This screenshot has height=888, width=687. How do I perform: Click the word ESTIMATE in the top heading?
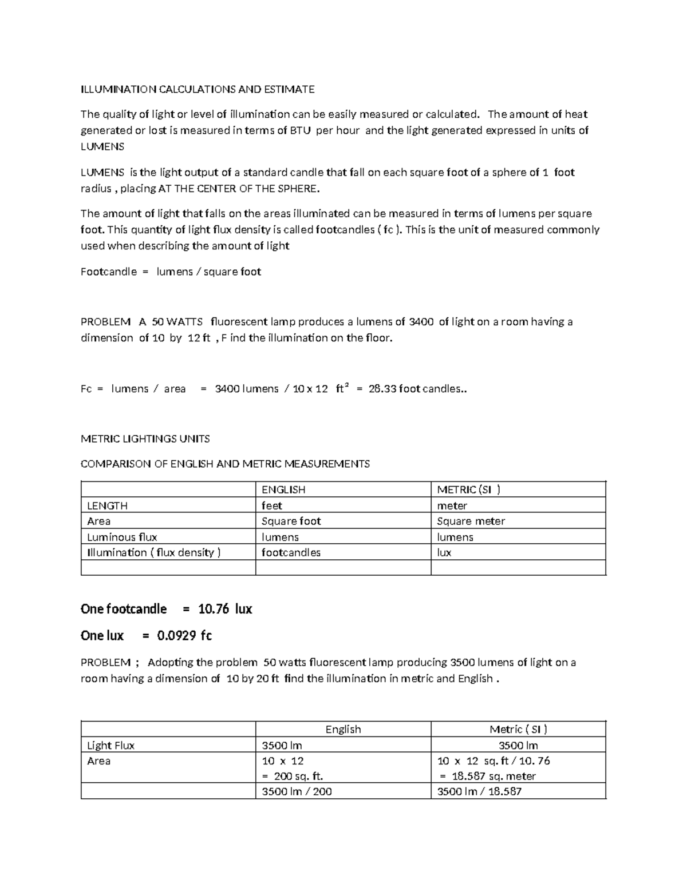[288, 89]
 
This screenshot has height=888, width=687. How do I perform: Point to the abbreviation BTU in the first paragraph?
[300, 130]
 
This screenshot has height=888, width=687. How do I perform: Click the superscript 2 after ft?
[346, 386]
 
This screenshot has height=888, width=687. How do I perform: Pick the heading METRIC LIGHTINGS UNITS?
[145, 439]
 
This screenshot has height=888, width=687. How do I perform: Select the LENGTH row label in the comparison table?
[107, 506]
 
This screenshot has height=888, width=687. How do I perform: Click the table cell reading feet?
[272, 506]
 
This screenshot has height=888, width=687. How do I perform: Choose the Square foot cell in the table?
[291, 521]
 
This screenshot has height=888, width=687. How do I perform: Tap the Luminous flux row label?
[122, 537]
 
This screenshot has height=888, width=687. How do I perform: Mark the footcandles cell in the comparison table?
[291, 553]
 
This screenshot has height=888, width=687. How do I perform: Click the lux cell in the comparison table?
[444, 553]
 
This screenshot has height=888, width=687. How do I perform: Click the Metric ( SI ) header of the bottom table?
[518, 730]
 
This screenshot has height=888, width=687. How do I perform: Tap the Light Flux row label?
[110, 746]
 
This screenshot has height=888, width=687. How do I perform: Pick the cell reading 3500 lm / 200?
[297, 792]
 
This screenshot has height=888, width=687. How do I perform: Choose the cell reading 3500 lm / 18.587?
[479, 792]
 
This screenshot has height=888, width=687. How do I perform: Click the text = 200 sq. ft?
[293, 776]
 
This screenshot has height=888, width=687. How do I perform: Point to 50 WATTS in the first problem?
[170, 322]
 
